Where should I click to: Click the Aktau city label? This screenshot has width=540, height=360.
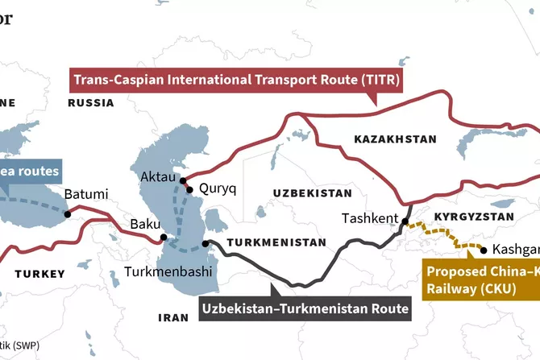[157, 176]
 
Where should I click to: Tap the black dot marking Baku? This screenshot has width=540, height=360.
[164, 238]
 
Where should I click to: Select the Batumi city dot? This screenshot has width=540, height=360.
[69, 214]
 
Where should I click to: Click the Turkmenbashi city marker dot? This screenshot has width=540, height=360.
[206, 243]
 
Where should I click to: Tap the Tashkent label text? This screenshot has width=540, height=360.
[370, 218]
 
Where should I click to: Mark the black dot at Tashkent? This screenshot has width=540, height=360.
[405, 222]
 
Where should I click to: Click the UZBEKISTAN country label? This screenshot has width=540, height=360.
[312, 193]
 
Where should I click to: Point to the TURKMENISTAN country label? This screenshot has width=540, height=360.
[276, 242]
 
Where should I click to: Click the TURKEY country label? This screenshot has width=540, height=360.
[39, 274]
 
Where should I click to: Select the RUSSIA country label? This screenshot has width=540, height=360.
[91, 103]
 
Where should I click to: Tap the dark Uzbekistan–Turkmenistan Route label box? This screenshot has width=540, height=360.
[305, 308]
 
